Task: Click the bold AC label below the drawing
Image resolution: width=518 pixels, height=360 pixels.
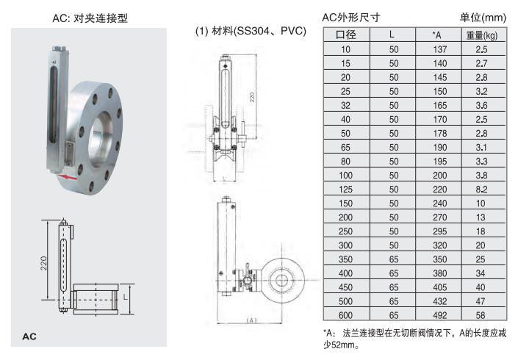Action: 29,336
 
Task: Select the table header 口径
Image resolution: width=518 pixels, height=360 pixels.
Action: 346,35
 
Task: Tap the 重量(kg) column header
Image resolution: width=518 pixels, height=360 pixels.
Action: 482,35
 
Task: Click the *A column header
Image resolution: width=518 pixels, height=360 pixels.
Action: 436,35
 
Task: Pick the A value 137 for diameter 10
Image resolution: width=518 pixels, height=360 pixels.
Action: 439,49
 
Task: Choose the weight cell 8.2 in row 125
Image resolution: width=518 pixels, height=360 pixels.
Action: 481,190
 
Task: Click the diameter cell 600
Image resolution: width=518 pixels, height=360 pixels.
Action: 345,315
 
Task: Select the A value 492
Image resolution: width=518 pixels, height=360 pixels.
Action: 439,315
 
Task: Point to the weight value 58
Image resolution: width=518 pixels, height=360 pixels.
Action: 481,315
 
